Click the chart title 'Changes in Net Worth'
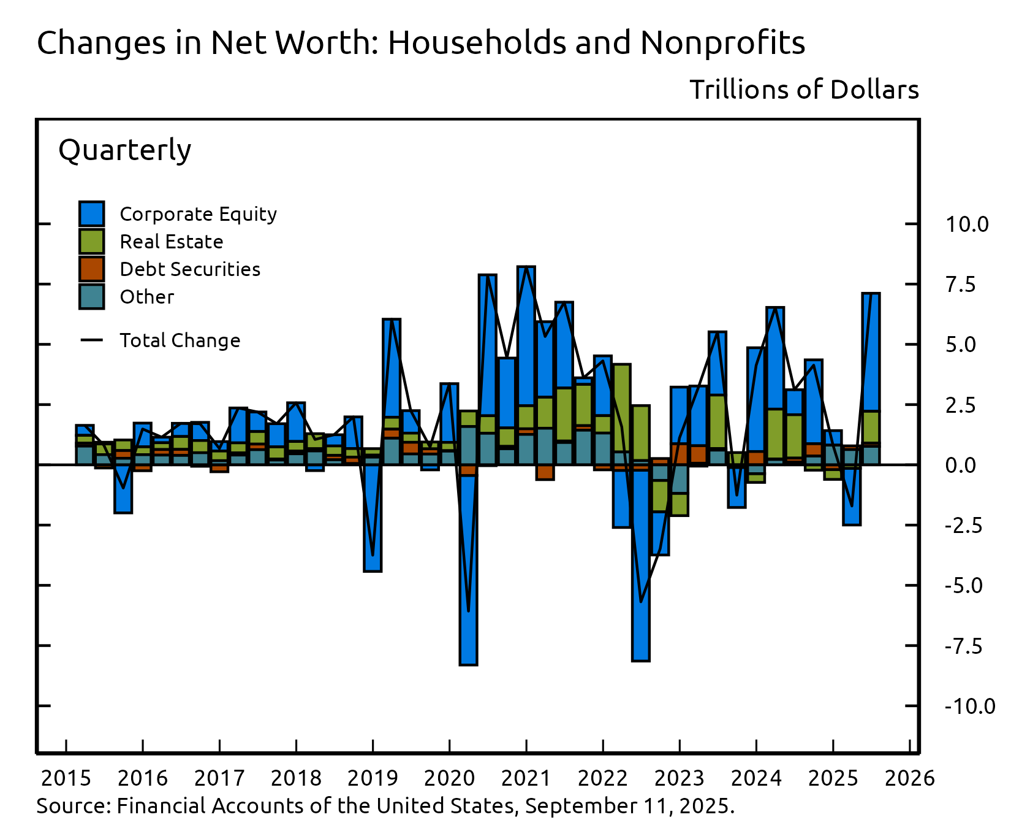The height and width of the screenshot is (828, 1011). click(x=420, y=43)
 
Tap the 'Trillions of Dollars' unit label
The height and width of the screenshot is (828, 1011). click(x=804, y=90)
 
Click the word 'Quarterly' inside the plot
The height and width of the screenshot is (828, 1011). click(x=124, y=150)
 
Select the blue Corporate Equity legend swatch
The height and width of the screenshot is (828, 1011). click(x=92, y=214)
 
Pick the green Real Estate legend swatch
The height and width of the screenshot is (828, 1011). click(x=92, y=242)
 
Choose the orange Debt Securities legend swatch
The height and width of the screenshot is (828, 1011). click(x=92, y=269)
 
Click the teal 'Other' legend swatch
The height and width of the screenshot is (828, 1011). click(x=92, y=297)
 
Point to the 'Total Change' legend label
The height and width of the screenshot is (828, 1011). click(x=180, y=340)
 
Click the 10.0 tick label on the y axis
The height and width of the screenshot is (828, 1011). click(x=966, y=224)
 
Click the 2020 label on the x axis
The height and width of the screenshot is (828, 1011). click(x=449, y=778)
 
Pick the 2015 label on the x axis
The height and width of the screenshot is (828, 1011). click(x=66, y=778)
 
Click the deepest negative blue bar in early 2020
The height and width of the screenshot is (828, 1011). click(x=469, y=570)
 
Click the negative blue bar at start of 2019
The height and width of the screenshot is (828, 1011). click(x=373, y=521)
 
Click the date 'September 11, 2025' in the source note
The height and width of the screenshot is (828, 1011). click(x=628, y=805)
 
